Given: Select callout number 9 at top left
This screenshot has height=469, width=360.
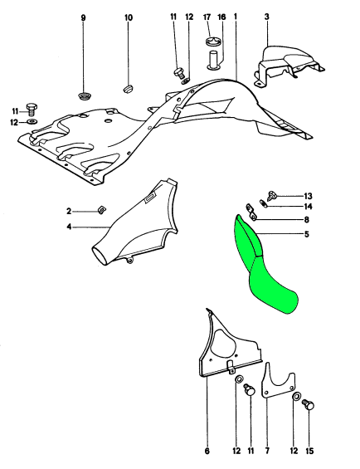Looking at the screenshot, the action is pyautogui.click(x=83, y=18).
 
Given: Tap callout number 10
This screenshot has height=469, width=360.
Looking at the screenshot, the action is pyautogui.click(x=129, y=17).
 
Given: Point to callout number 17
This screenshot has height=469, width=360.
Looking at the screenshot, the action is pyautogui.click(x=207, y=17).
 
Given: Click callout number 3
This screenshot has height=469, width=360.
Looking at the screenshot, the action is pyautogui.click(x=267, y=17).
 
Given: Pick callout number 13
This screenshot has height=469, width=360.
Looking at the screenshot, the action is pyautogui.click(x=308, y=196).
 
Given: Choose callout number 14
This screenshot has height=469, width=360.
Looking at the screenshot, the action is pyautogui.click(x=308, y=207).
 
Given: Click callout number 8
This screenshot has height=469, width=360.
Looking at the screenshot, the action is pyautogui.click(x=306, y=220).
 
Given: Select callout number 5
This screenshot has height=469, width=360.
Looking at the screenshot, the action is pyautogui.click(x=306, y=234).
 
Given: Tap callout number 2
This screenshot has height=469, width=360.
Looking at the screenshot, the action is pyautogui.click(x=69, y=212).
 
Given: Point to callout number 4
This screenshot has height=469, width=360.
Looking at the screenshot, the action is pyautogui.click(x=69, y=227).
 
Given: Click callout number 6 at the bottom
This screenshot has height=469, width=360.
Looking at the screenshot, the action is pyautogui.click(x=207, y=451).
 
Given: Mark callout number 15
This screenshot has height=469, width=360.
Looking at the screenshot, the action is pyautogui.click(x=310, y=451).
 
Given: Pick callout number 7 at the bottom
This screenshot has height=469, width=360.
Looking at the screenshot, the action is pyautogui.click(x=267, y=451).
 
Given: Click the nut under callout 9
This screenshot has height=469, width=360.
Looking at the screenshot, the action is pyautogui.click(x=84, y=96).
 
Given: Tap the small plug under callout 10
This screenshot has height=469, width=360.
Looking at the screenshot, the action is pyautogui.click(x=129, y=89).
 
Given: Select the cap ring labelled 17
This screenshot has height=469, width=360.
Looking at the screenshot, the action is pyautogui.click(x=213, y=42).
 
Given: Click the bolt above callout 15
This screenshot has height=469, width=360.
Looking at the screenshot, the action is pyautogui.click(x=309, y=405).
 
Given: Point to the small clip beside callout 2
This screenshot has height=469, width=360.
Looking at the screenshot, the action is pyautogui.click(x=103, y=210).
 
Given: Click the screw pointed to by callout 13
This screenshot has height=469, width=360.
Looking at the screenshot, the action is pyautogui.click(x=273, y=195).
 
